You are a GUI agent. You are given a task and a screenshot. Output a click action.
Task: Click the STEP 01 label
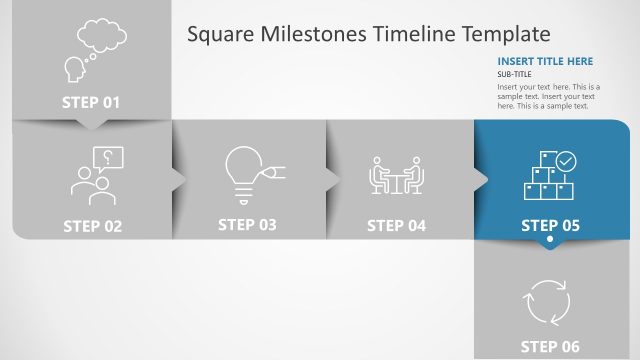91,102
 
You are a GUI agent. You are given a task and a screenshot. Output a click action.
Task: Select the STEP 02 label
92,226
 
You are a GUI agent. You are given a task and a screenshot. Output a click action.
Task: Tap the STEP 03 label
247,225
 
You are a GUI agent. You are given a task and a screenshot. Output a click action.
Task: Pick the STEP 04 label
396,226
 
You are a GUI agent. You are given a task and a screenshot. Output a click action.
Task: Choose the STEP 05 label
550,226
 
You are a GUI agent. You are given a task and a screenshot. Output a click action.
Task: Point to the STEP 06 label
550,347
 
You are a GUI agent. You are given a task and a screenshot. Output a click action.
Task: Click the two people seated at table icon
397,175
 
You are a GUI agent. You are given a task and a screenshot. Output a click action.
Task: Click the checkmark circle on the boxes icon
566,159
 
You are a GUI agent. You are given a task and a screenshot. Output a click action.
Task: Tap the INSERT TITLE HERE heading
545,61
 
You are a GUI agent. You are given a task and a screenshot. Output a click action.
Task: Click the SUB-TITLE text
516,74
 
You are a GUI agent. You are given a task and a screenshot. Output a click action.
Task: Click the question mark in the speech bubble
107,156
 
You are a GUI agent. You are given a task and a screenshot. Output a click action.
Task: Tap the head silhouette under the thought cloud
74,68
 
